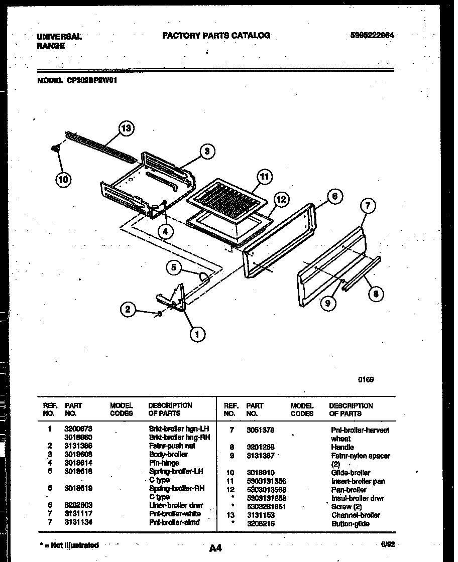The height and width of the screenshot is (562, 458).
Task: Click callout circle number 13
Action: click(127, 129)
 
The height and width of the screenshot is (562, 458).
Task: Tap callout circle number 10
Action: click(63, 179)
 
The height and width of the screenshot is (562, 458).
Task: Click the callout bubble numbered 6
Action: click(335, 196)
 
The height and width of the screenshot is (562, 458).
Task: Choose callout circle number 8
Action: click(375, 294)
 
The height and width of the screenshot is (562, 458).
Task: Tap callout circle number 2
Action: click(128, 310)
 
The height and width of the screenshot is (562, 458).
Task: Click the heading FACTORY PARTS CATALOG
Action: click(216, 35)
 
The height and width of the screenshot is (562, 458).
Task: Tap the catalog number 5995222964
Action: click(372, 36)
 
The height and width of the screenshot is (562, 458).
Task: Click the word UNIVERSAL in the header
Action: click(59, 37)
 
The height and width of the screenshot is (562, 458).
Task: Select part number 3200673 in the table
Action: click(78, 429)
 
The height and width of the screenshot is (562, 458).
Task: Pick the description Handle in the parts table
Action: click(342, 447)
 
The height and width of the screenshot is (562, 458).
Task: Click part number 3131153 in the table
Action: click(260, 515)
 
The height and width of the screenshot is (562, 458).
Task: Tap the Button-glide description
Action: click(351, 524)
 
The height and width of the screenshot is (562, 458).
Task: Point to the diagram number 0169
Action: click(366, 380)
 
